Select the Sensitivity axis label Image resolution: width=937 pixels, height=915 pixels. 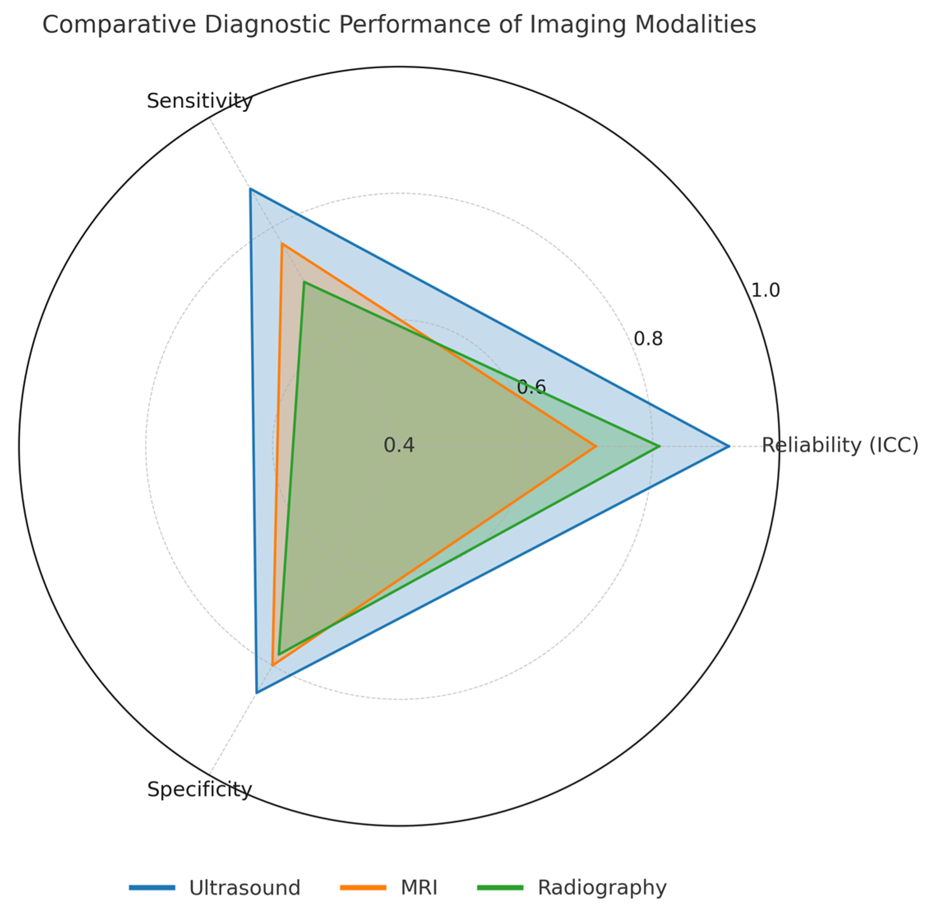[x=199, y=102]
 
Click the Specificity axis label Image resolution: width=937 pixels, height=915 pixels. [x=199, y=790]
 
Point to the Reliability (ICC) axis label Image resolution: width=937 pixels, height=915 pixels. [x=840, y=446]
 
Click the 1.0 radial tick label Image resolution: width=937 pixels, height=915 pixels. [x=765, y=290]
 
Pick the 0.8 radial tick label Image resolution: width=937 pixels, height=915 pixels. [x=648, y=339]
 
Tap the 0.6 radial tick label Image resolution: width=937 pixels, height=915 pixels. [x=531, y=387]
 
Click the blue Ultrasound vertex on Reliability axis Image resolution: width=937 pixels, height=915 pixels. [x=729, y=446]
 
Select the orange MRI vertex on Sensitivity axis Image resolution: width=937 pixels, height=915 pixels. [x=282, y=244]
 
